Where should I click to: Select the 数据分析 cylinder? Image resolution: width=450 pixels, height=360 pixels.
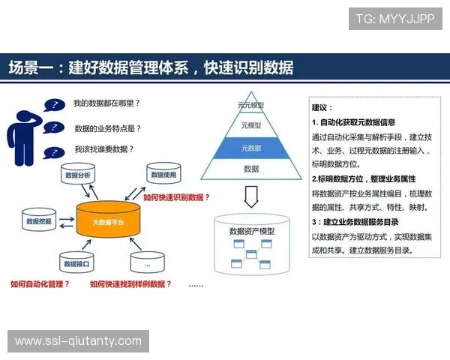[78, 177]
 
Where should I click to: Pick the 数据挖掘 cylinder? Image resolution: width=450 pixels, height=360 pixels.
[39, 222]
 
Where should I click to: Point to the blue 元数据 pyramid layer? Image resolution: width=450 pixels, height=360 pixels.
[251, 148]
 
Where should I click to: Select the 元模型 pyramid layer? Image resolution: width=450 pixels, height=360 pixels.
[251, 125]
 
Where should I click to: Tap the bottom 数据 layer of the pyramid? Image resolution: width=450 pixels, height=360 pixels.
[251, 169]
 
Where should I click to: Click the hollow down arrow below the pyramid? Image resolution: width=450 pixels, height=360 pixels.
[251, 196]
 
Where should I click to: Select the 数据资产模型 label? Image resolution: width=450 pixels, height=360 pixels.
[251, 232]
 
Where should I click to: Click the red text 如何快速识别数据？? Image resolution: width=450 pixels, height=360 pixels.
[176, 198]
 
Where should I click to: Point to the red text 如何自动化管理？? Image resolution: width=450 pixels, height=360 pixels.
[40, 284]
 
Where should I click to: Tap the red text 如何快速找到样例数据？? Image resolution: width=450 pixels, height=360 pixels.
[130, 284]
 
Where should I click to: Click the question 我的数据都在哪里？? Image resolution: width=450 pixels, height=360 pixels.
[107, 103]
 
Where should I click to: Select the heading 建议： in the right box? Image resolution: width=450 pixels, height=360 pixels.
[322, 108]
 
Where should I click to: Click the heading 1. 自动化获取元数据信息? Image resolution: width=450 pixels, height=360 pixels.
[353, 121]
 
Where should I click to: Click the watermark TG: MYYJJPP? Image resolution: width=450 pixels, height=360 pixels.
[394, 19]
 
